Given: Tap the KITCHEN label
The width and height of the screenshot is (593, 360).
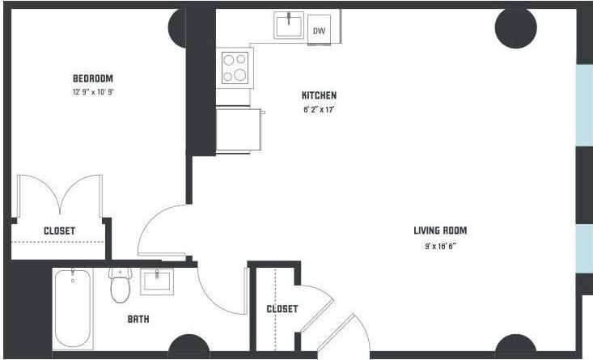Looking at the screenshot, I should point(319,95).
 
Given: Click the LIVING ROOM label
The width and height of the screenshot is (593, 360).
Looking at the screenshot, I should point(439,231).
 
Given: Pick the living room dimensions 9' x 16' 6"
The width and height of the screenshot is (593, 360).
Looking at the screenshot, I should point(439,245).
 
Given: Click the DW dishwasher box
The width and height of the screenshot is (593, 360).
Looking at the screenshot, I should point(320,31).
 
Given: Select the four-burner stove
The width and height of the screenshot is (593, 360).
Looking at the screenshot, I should point(236,68).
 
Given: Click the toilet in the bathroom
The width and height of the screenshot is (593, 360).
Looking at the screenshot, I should point(121,284).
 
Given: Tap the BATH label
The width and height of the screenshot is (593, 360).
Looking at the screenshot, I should point(138,320).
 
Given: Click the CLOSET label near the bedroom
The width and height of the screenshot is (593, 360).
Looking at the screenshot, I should point(59,231).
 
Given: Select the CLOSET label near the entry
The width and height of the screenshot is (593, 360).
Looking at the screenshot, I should point(282,309).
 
